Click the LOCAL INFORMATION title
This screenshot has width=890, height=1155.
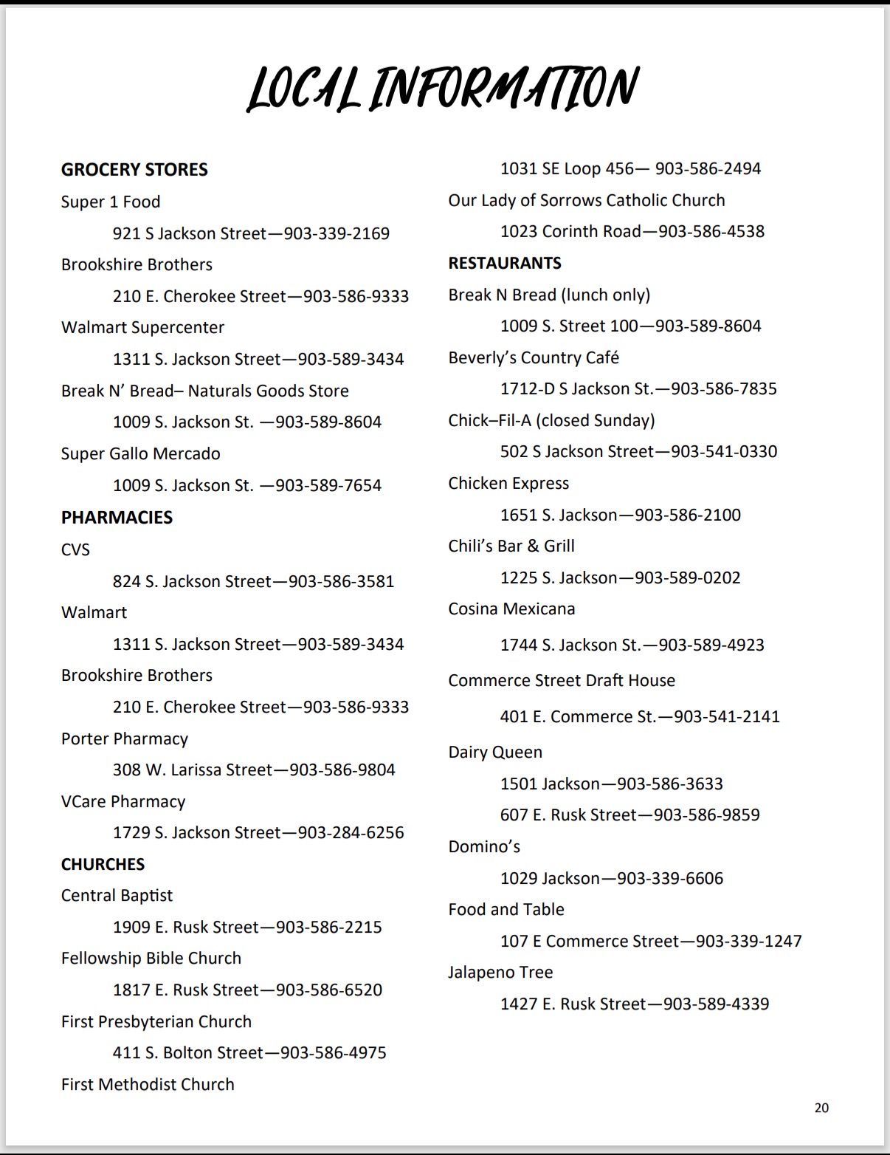click(442, 89)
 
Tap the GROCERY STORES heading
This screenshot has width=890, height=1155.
click(134, 170)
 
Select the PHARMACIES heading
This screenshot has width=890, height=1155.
click(117, 518)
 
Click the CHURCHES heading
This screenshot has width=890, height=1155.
click(103, 864)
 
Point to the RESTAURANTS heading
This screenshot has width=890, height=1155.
click(505, 264)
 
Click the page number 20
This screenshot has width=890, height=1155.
click(821, 1108)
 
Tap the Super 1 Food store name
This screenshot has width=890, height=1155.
click(111, 202)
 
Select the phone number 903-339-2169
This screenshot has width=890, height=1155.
click(337, 234)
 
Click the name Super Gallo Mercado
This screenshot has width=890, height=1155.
click(140, 454)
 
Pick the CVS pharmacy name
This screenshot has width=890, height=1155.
click(75, 550)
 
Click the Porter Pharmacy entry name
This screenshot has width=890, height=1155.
click(125, 739)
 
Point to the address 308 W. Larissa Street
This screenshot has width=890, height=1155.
click(193, 770)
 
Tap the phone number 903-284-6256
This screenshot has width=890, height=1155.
click(351, 833)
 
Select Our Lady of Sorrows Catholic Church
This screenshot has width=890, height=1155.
click(587, 201)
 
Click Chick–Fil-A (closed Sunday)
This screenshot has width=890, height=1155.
click(551, 421)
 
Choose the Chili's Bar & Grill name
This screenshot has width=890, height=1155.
click(511, 546)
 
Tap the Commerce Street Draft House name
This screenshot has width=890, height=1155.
click(562, 681)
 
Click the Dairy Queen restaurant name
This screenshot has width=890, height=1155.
click(495, 753)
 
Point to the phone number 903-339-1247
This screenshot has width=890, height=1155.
click(748, 942)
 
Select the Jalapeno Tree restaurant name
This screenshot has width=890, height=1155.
click(500, 973)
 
